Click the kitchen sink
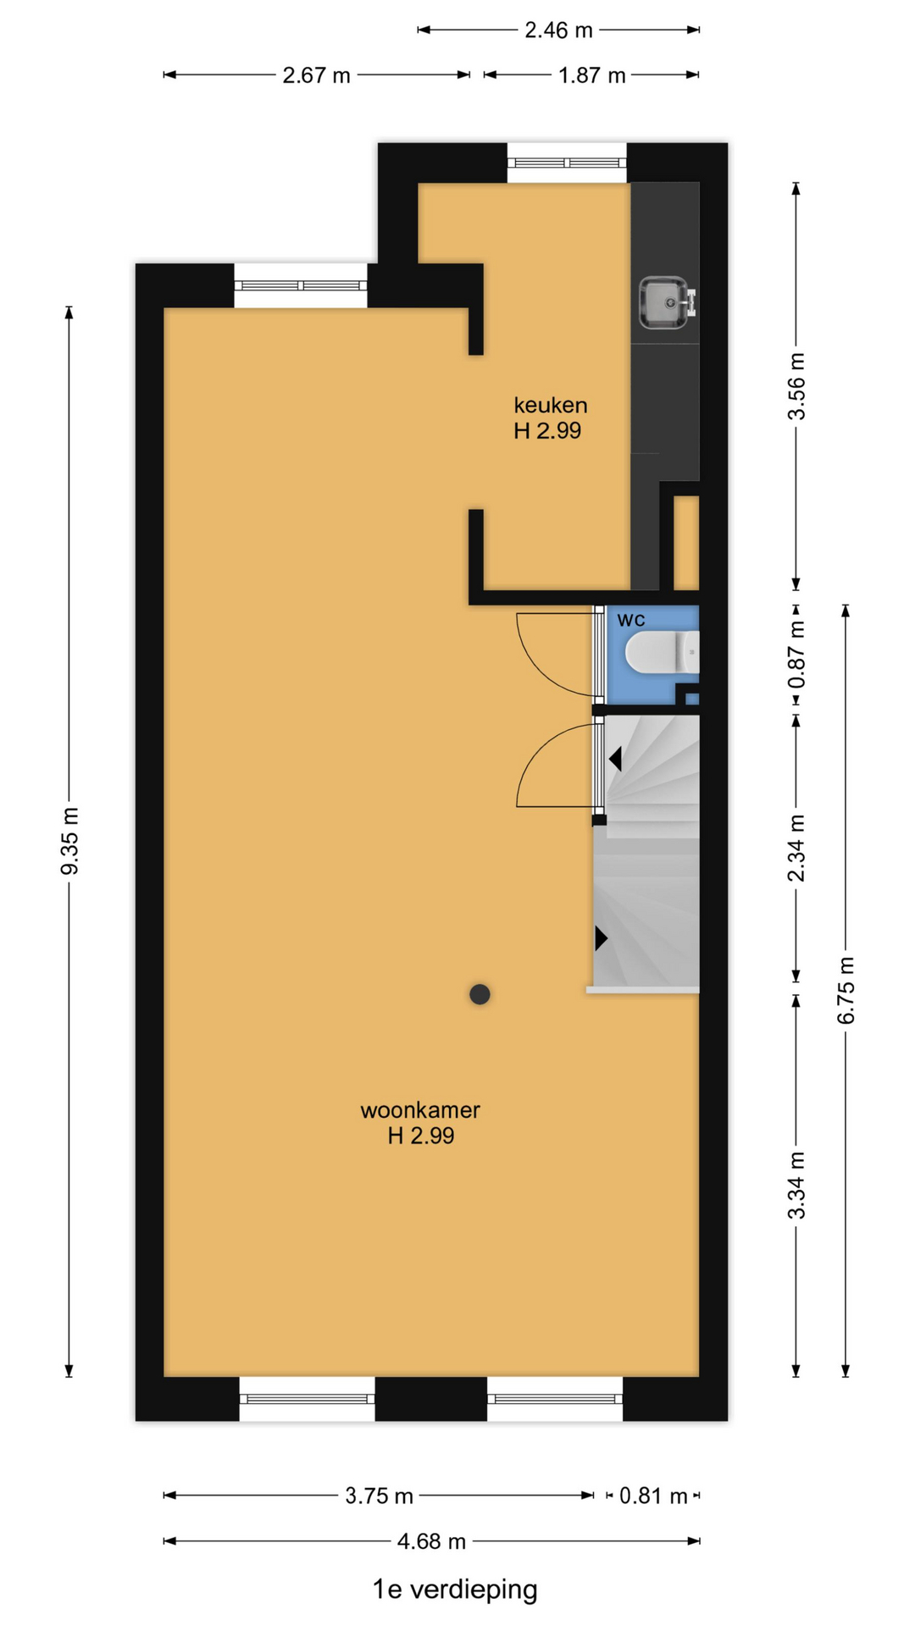668,303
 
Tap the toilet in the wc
662,653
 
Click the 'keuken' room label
551,405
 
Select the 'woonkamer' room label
420,1109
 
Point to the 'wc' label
631,620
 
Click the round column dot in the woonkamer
480,994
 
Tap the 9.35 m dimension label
69,841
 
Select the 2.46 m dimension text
558,30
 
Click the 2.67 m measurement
316,75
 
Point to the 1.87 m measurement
591,75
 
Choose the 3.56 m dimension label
796,386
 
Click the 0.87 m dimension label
796,655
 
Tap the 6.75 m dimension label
846,990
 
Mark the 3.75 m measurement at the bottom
379,1496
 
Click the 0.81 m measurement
653,1496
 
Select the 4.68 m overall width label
431,1541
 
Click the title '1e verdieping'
455,1590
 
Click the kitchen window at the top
567,163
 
